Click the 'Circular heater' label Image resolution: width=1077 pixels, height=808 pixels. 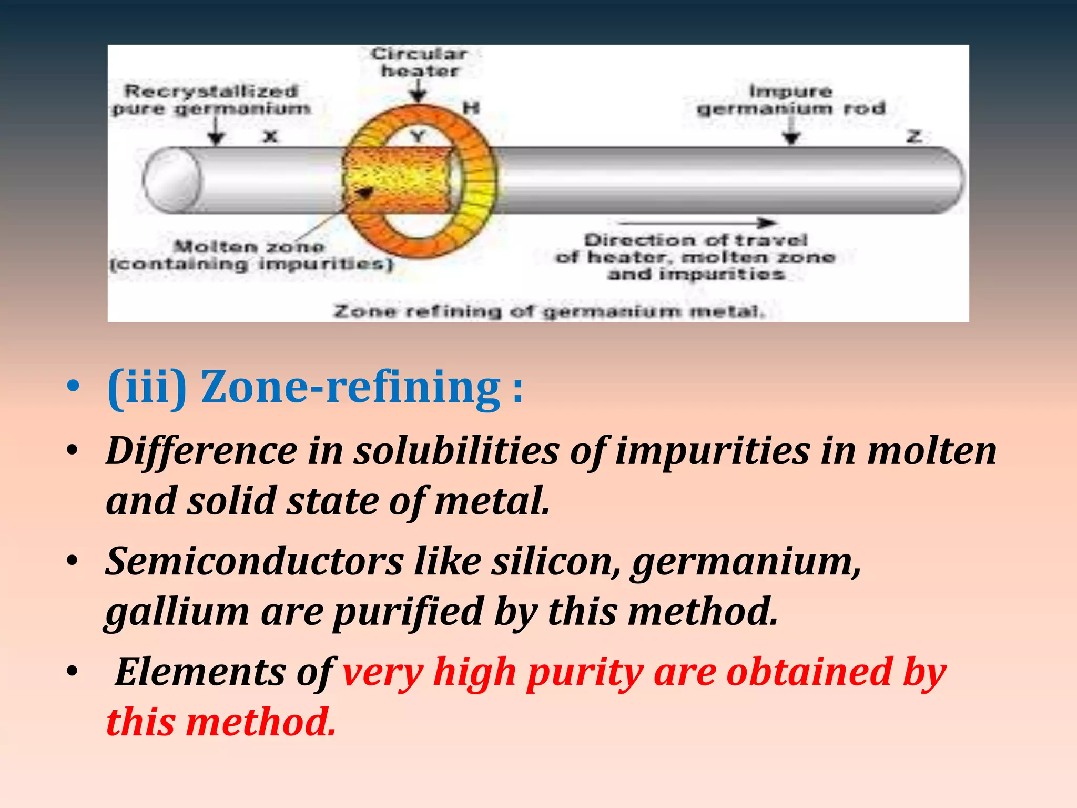(419, 62)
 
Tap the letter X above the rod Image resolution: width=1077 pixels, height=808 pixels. (270, 137)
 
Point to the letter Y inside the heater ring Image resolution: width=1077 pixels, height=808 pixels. (418, 137)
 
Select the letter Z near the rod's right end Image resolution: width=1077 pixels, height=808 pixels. (915, 137)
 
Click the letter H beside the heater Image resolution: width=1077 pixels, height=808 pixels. (471, 108)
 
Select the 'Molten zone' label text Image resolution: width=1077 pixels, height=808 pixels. (249, 246)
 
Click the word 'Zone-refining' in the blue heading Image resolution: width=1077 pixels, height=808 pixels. (351, 388)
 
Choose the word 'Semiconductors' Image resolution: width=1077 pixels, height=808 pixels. (255, 562)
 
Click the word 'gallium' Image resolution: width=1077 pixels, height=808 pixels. (177, 612)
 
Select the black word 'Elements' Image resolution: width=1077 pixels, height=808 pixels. (200, 672)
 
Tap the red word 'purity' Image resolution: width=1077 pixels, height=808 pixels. (585, 672)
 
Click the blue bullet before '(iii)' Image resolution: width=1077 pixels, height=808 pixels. (73, 388)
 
